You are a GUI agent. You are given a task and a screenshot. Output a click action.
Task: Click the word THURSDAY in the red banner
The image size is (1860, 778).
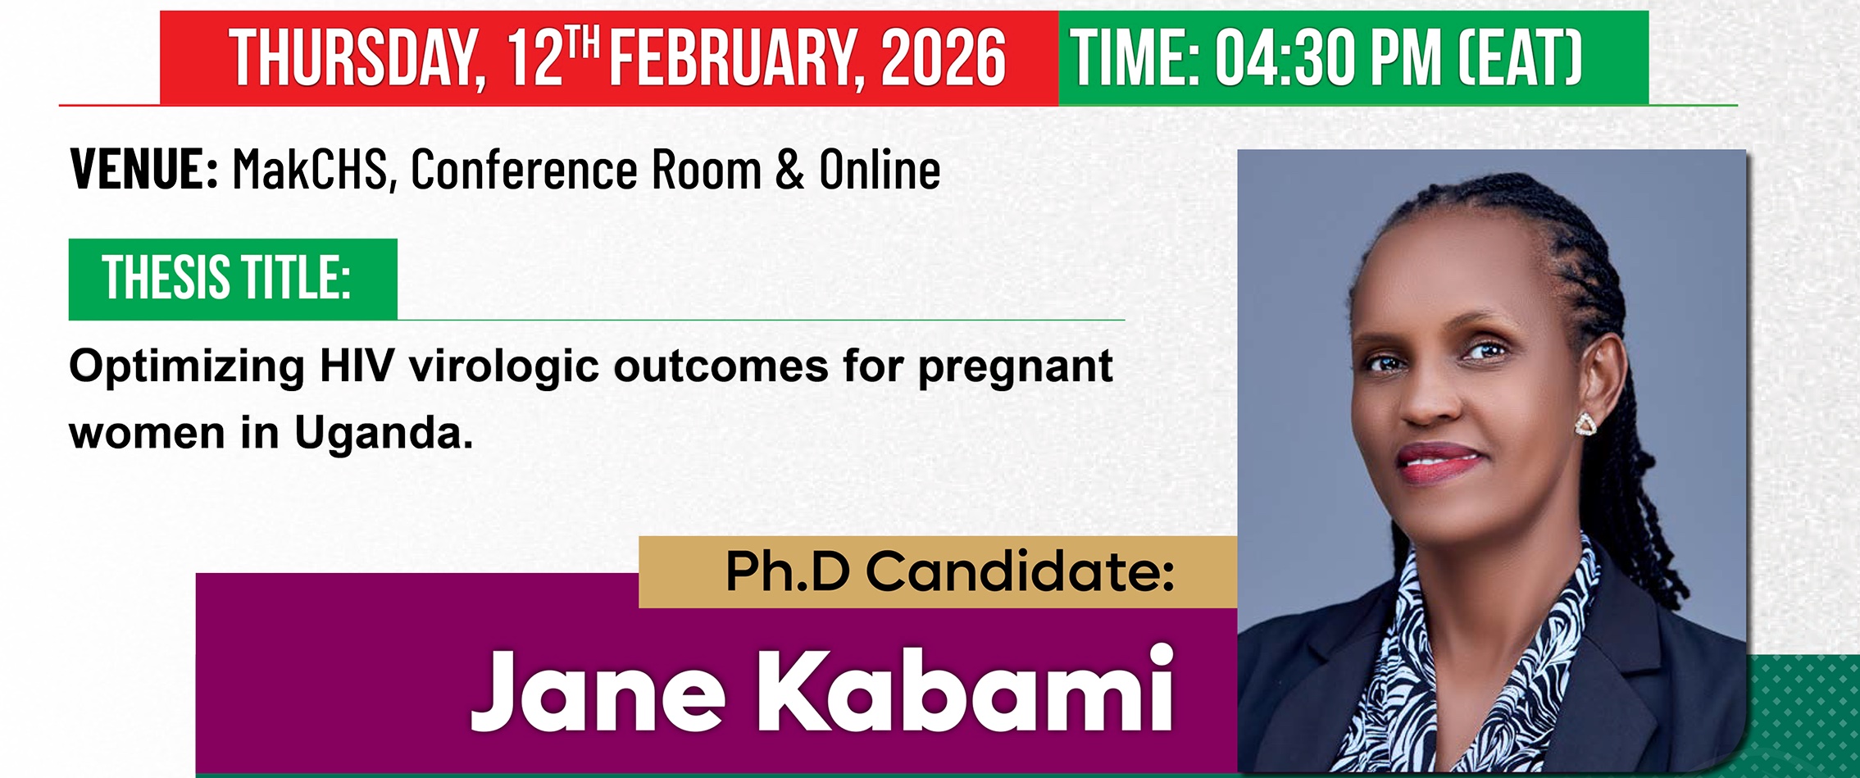(357, 57)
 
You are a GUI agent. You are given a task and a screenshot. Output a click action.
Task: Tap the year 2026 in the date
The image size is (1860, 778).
(944, 57)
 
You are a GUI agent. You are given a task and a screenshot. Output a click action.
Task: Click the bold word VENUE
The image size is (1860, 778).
(144, 170)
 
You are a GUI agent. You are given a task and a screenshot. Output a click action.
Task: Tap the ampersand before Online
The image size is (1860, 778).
(789, 171)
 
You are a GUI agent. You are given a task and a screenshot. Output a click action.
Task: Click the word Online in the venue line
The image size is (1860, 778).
(880, 170)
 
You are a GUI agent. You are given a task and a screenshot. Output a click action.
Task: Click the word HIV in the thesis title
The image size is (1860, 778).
(357, 366)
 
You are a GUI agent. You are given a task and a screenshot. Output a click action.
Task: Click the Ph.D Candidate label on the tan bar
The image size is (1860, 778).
(950, 571)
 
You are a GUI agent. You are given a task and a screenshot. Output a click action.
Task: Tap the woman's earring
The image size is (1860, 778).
(1585, 424)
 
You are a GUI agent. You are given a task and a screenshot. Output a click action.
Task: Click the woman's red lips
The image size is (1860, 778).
(1440, 462)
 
